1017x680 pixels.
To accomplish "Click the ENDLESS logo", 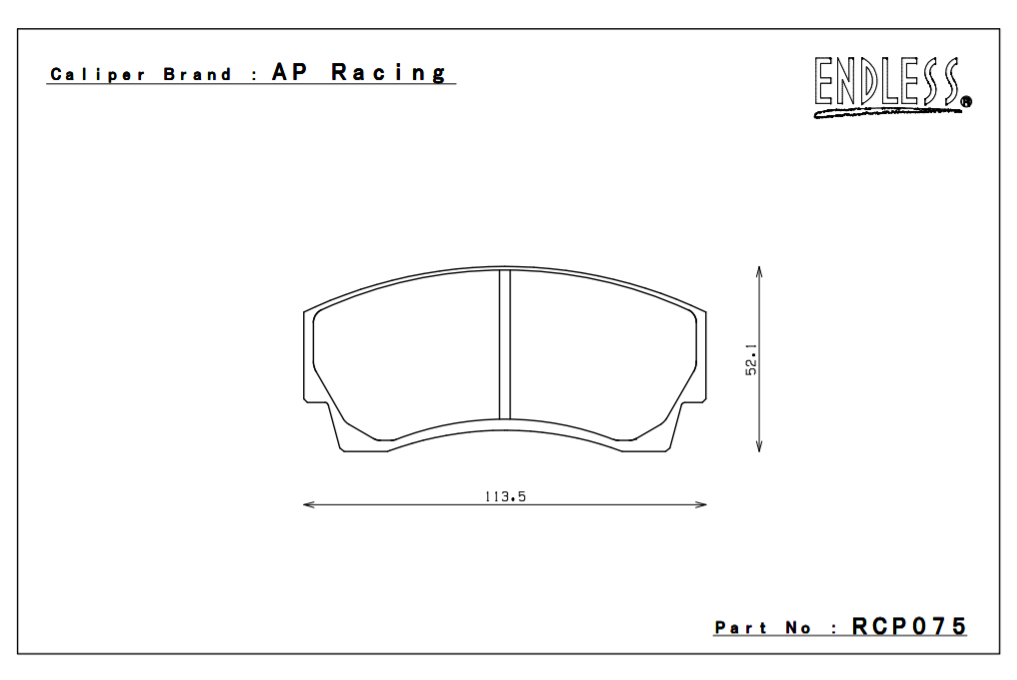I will click(x=888, y=86).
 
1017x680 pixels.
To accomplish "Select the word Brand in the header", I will click(x=198, y=75).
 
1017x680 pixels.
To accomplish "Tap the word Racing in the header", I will click(x=390, y=73).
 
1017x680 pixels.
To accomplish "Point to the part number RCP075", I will click(x=909, y=627).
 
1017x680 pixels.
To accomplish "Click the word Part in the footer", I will click(x=741, y=628).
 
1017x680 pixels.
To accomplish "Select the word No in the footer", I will click(x=798, y=628).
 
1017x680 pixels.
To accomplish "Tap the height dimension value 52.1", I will click(x=751, y=359).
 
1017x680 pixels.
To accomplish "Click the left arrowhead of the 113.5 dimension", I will click(x=308, y=504).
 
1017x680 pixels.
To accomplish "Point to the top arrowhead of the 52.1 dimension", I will click(x=760, y=271).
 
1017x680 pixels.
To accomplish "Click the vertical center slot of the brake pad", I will click(x=505, y=344).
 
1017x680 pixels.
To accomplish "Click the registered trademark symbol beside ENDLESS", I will click(x=965, y=101).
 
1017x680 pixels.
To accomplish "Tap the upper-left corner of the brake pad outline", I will click(x=306, y=311).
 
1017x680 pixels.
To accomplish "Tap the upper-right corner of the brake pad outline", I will click(x=704, y=311).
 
